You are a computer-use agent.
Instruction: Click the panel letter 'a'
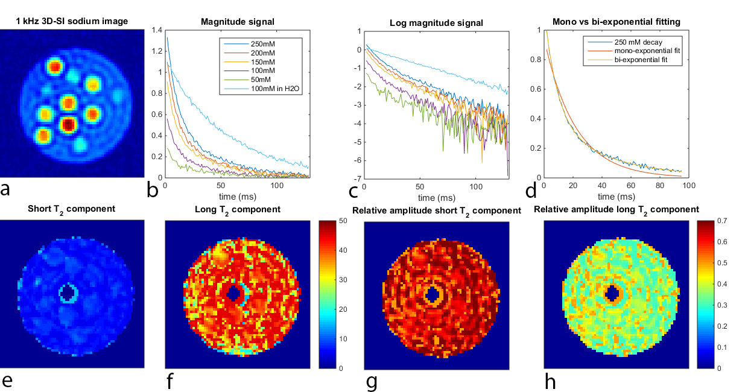6,189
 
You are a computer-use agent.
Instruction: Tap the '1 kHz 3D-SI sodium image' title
72,22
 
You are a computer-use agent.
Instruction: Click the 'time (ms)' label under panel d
615,197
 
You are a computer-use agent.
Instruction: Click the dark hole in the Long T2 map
233,293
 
